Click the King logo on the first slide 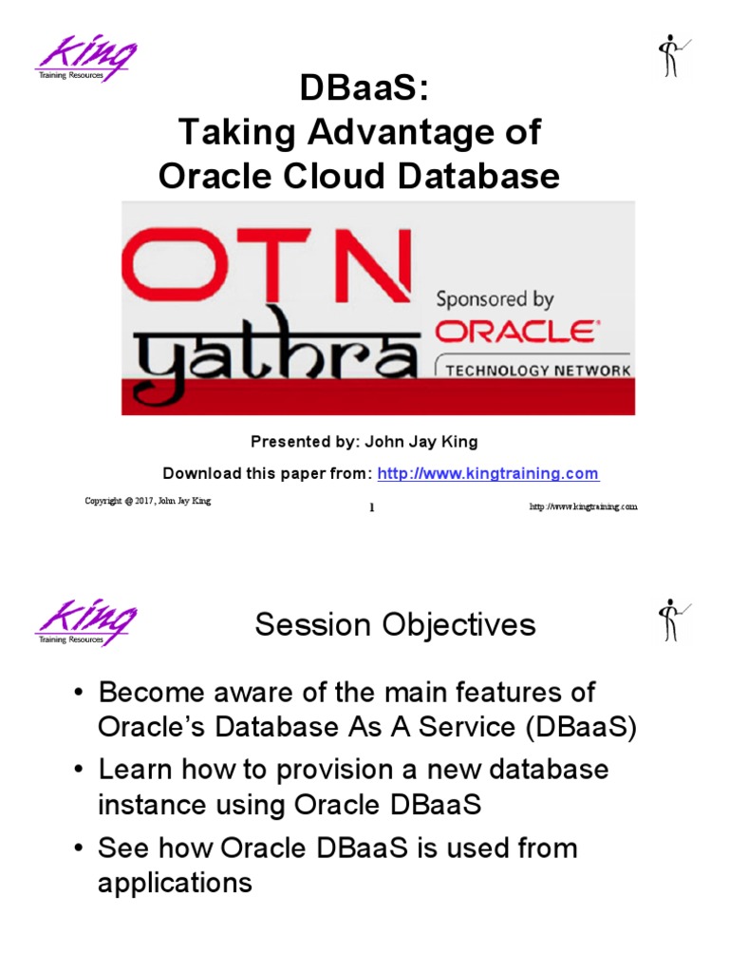(x=86, y=60)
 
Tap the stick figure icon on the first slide (x=671, y=57)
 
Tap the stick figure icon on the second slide (x=671, y=620)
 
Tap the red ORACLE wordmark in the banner (x=515, y=333)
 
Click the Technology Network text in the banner (x=536, y=370)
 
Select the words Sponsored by (x=494, y=299)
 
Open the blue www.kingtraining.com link (x=488, y=473)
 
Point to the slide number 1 (x=371, y=507)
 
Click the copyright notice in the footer (x=147, y=501)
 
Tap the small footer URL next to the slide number (x=583, y=506)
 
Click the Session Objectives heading (x=395, y=625)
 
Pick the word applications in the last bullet (x=175, y=883)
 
